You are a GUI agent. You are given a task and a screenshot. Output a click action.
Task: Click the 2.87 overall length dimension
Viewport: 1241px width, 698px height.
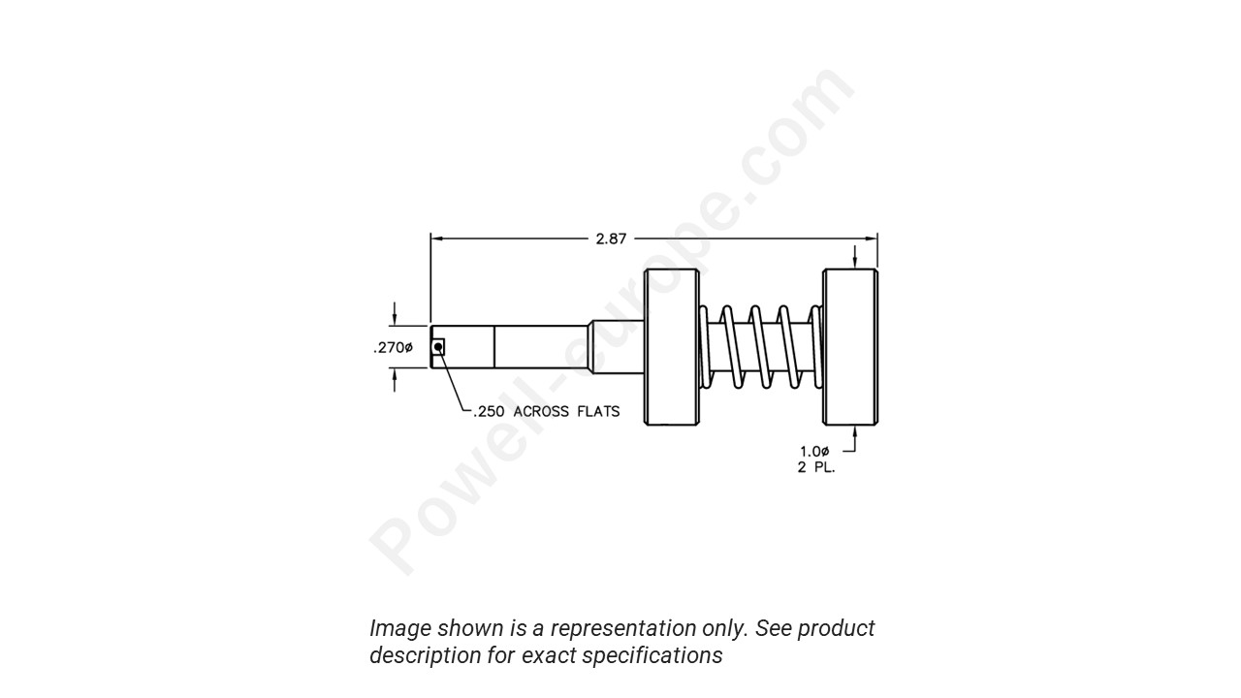coord(611,238)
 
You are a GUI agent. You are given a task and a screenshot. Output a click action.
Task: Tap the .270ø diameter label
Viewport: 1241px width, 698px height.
coord(393,348)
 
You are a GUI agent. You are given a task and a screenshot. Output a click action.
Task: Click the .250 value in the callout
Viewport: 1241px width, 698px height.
coord(489,412)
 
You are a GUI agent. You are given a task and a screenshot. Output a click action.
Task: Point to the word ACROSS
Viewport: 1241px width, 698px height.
coord(541,412)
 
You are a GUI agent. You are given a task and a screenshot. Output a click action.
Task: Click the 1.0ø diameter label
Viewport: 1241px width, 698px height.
coord(814,451)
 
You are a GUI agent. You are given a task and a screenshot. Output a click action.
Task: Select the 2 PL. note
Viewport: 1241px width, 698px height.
coord(816,468)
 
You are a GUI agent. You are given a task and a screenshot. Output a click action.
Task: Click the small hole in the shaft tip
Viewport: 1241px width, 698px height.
coord(438,346)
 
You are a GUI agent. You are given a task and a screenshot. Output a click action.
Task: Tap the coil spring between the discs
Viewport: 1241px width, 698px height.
coord(762,346)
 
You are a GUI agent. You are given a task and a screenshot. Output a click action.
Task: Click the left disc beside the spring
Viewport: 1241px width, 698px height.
coord(672,346)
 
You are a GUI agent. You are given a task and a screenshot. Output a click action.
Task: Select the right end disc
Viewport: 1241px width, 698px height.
coord(850,346)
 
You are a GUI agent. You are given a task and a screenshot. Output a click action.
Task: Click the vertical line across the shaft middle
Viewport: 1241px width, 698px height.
coord(494,346)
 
